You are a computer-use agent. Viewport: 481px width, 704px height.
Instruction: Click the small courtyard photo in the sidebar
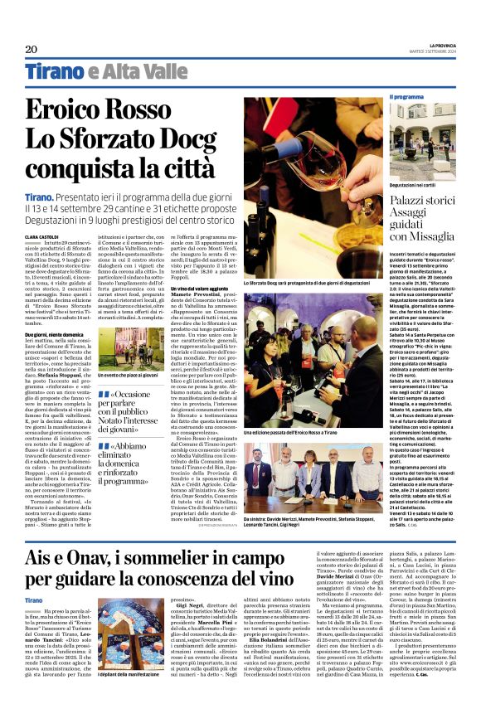point(423,129)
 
